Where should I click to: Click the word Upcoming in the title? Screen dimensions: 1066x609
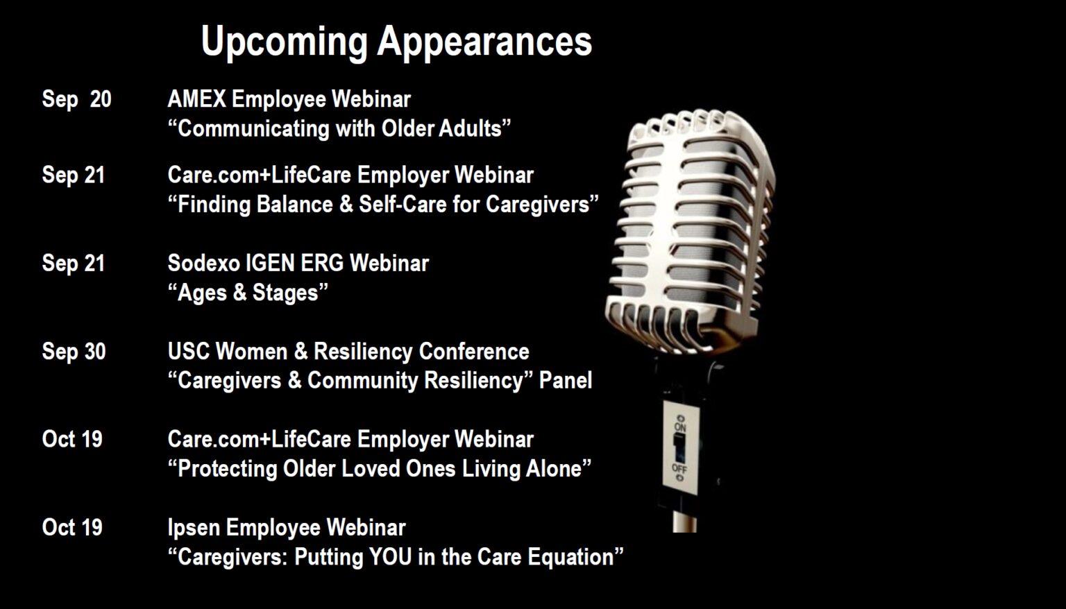pos(284,42)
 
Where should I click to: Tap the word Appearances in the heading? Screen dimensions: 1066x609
pos(484,42)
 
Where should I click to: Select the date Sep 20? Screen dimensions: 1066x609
pos(76,100)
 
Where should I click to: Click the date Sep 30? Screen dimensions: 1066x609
pos(74,352)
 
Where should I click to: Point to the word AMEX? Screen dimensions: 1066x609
pos(196,99)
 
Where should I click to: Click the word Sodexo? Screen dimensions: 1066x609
pos(203,264)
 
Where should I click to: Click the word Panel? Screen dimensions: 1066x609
pos(566,381)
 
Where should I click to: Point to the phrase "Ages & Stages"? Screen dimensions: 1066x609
pos(248,293)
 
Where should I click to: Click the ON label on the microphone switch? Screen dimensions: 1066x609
pos(680,427)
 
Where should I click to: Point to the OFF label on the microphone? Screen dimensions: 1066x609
pos(679,469)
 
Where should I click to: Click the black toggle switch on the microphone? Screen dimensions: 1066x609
pos(679,448)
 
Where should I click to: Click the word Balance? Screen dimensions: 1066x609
pos(294,205)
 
